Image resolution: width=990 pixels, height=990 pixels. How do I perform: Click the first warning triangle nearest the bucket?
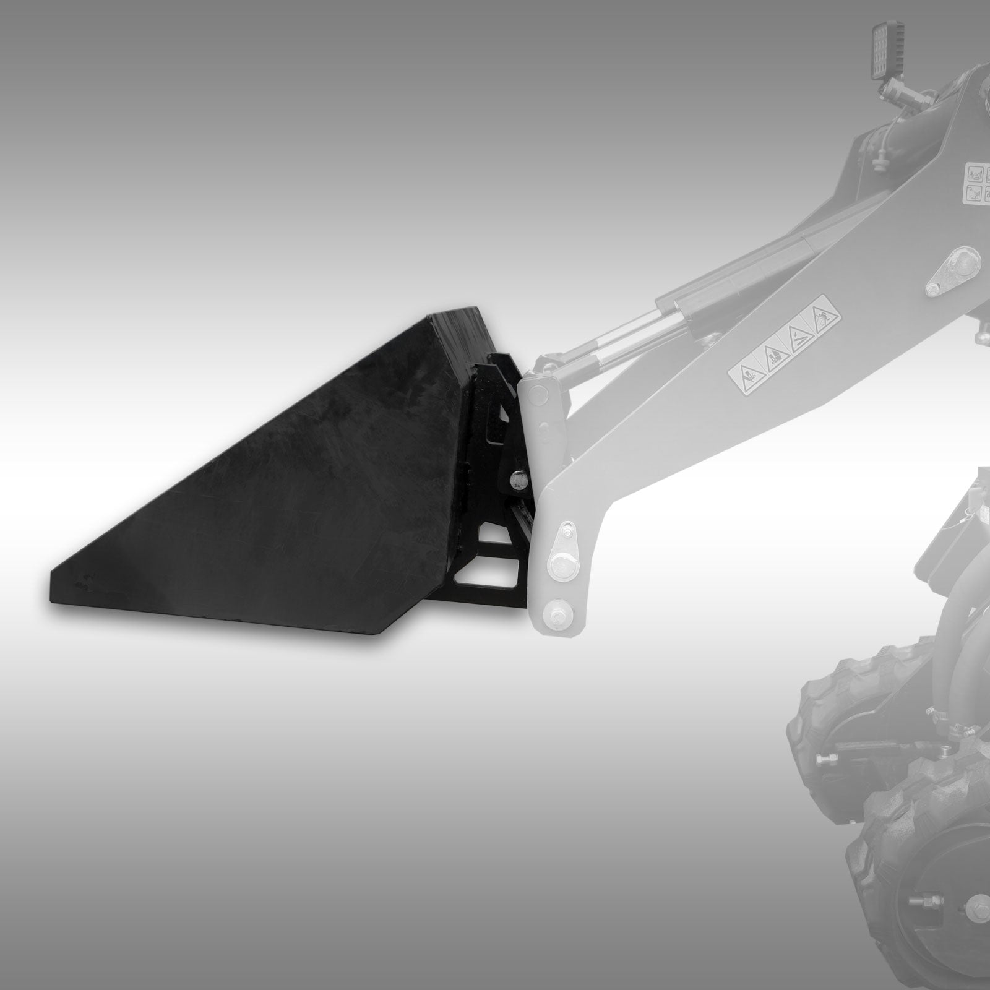click(744, 375)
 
